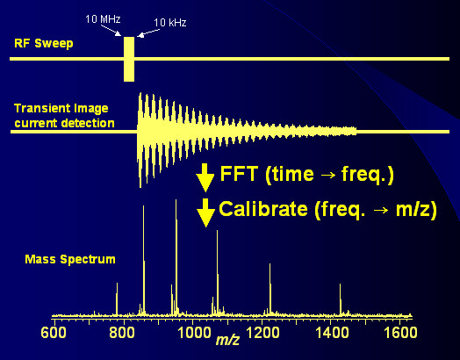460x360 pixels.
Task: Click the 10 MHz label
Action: click(103, 19)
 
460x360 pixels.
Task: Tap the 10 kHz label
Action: click(170, 23)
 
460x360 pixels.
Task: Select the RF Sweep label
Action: click(44, 43)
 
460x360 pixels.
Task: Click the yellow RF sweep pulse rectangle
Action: click(129, 59)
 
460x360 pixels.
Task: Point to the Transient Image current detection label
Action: click(64, 116)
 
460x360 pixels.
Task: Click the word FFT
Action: click(239, 174)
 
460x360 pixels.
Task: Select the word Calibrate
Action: click(263, 209)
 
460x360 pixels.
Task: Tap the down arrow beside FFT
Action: click(205, 177)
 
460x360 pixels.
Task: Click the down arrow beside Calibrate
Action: click(206, 212)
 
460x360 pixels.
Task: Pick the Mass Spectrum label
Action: click(70, 259)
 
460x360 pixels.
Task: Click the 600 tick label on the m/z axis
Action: click(54, 333)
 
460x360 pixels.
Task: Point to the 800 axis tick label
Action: click(122, 333)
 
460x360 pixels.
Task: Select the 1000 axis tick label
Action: click(195, 333)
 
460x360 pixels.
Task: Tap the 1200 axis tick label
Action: click(262, 333)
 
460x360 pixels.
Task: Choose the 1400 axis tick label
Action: click(332, 333)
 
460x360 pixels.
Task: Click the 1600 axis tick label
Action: click(400, 333)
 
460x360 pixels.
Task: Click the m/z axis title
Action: click(227, 340)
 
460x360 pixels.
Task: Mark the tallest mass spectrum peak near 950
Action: click(176, 257)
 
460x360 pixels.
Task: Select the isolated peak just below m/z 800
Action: click(117, 299)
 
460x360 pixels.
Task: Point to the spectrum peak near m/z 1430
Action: click(341, 299)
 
